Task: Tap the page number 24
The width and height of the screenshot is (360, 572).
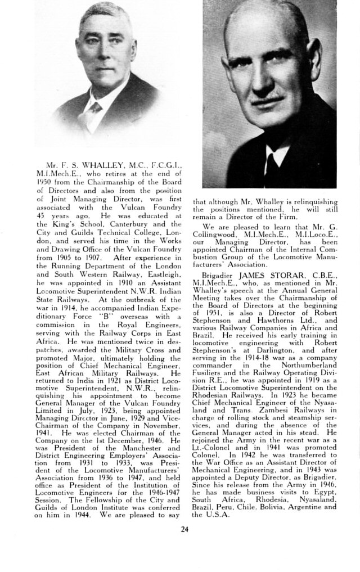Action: [185, 528]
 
